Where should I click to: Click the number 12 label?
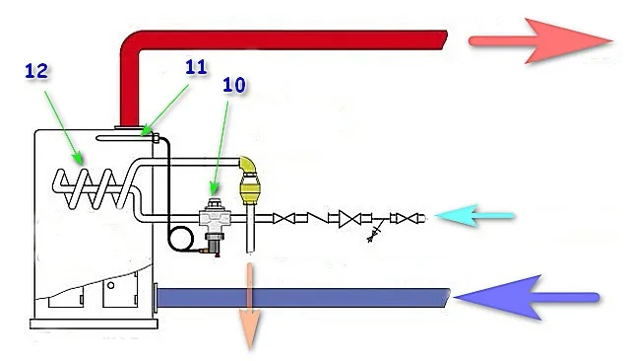pyautogui.click(x=36, y=71)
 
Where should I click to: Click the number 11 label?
pyautogui.click(x=196, y=67)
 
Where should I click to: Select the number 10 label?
pyautogui.click(x=234, y=85)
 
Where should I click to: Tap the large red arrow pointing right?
pyautogui.click(x=540, y=40)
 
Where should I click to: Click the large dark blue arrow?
pyautogui.click(x=527, y=298)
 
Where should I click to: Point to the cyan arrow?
pyautogui.click(x=474, y=216)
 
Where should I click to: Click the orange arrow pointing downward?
pyautogui.click(x=250, y=306)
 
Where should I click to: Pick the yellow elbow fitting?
pyautogui.click(x=247, y=164)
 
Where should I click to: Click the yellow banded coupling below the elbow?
pyautogui.click(x=250, y=189)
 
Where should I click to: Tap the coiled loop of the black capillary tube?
pyautogui.click(x=181, y=239)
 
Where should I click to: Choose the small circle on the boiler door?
pyautogui.click(x=110, y=285)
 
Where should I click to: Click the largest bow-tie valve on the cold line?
pyautogui.click(x=349, y=219)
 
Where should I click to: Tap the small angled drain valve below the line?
pyautogui.click(x=375, y=234)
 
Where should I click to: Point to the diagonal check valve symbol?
pyautogui.click(x=318, y=218)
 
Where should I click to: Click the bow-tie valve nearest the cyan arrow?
pyautogui.click(x=409, y=219)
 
